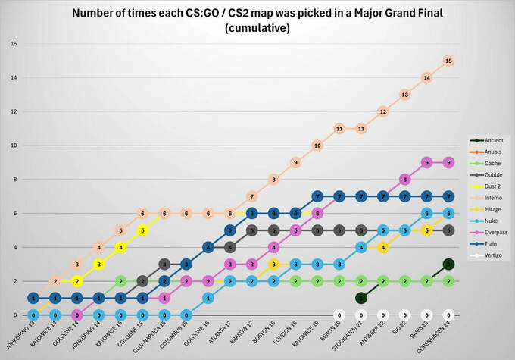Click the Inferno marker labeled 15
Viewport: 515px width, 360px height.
pos(449,60)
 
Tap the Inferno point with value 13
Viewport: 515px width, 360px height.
pos(405,95)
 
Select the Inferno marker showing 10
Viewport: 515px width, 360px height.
pos(317,146)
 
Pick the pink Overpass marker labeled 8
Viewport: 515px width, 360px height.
pos(405,180)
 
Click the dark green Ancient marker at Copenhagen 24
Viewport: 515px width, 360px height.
pos(449,264)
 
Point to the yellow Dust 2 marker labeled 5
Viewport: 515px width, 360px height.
pos(142,230)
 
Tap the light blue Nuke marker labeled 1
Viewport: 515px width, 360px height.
pos(208,298)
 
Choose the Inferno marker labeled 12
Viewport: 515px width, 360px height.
pos(383,111)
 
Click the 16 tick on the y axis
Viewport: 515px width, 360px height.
pos(14,43)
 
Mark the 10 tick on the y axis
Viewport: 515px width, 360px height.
pos(14,146)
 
